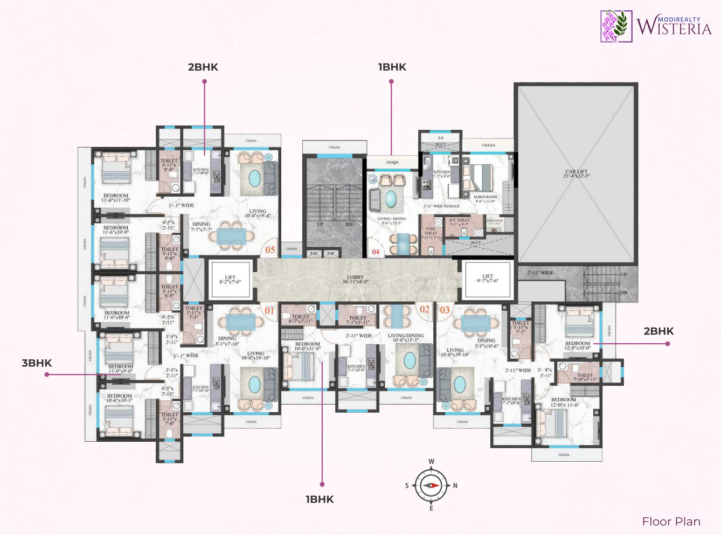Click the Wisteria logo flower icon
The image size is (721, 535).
tap(616, 26)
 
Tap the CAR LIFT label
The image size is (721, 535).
tap(577, 173)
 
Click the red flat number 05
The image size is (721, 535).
tap(270, 250)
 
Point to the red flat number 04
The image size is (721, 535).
tap(376, 252)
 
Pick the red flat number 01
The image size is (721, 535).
tap(269, 310)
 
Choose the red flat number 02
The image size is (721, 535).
tap(425, 309)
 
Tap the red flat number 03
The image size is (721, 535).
tap(445, 310)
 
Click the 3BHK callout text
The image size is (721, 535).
tap(37, 363)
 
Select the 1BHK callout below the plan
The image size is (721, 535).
tap(320, 499)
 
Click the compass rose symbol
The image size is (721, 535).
tap(431, 485)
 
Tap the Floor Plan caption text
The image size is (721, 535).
tap(671, 522)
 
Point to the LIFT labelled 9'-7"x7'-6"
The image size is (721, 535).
tap(487, 279)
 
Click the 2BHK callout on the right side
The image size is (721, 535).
tap(658, 331)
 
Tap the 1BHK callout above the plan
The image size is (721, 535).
tap(392, 67)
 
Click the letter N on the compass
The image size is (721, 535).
tap(455, 485)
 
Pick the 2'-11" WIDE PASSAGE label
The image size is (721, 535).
tap(441, 206)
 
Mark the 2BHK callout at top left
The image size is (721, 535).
tap(203, 67)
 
